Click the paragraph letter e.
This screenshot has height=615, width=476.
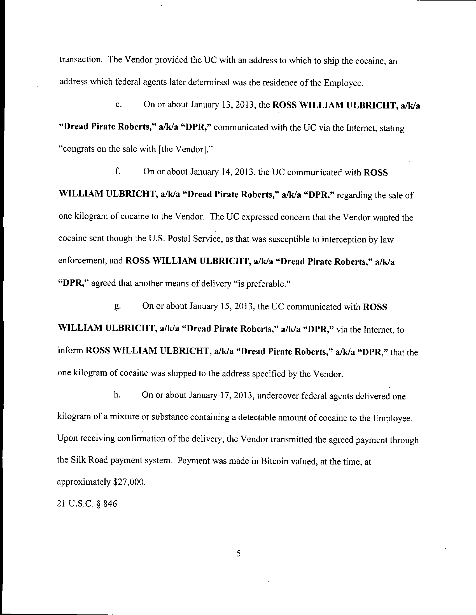118,105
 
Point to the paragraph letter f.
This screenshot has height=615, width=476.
118,172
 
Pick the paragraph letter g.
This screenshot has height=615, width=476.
118,306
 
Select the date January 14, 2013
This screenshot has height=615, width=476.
223,172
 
